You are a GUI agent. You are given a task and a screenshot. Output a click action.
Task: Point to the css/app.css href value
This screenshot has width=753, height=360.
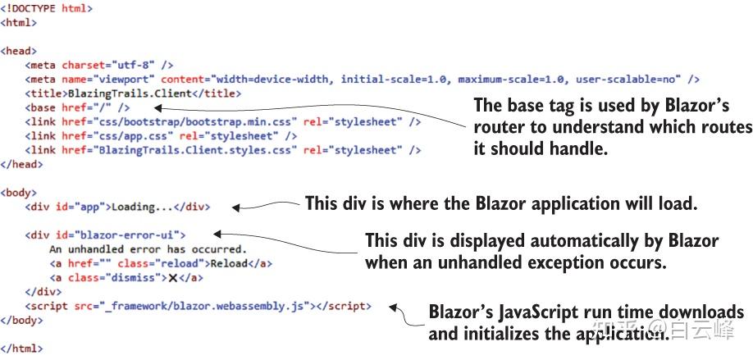click(x=114, y=136)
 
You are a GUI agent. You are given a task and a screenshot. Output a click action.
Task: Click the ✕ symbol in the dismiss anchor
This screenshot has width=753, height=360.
click(x=173, y=278)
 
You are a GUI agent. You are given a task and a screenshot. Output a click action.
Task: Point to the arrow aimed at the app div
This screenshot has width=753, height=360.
click(x=262, y=205)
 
